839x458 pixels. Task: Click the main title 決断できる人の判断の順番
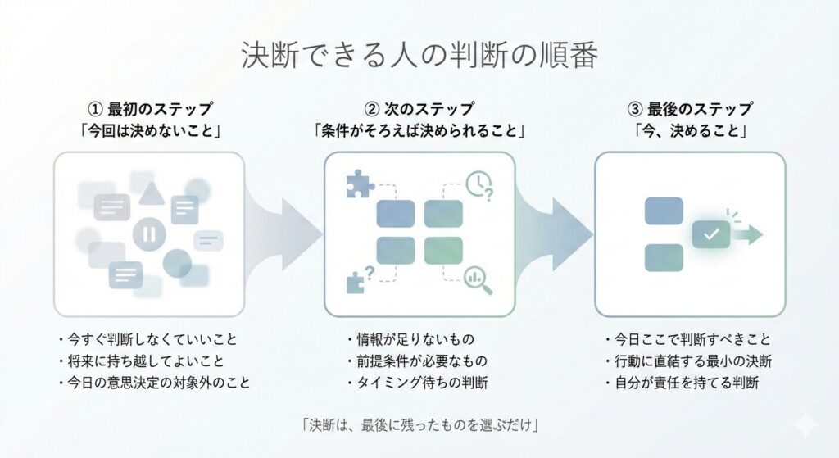click(x=419, y=56)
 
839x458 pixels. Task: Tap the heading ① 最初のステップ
click(x=150, y=109)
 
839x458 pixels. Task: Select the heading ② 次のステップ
click(x=419, y=109)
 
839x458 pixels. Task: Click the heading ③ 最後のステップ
click(x=689, y=109)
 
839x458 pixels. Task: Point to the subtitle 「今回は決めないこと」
click(x=150, y=130)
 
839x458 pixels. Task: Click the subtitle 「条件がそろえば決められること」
click(x=419, y=130)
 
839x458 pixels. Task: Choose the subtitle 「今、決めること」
click(x=689, y=130)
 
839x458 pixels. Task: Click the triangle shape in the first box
click(x=151, y=193)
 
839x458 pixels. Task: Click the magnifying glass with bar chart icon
click(x=477, y=279)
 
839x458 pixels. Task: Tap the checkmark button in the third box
click(x=711, y=234)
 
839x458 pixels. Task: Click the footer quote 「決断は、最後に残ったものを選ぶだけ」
click(x=419, y=424)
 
